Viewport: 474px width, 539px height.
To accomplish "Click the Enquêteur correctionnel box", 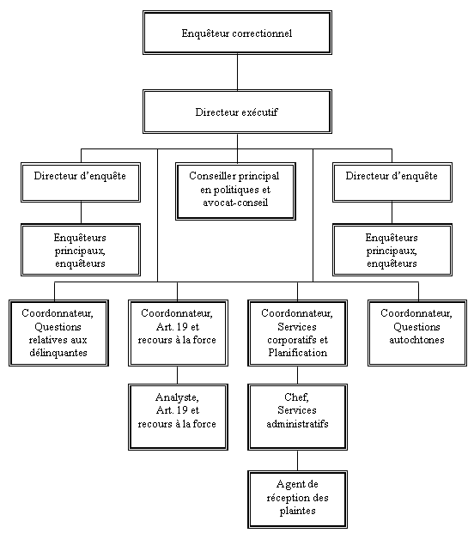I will pos(237,33).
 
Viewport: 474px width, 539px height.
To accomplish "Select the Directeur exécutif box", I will pos(237,112).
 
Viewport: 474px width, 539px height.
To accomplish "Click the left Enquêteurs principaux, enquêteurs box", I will pos(81,250).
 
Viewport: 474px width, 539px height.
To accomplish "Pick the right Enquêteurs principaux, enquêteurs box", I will pos(392,250).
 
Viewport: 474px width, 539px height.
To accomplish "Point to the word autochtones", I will pos(416,341).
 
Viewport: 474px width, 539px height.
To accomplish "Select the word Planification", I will pos(297,353).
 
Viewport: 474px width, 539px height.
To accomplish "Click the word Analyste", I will pos(178,397).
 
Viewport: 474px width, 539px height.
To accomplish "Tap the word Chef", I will pos(297,397).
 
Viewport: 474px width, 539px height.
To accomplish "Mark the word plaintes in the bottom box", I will pos(297,511).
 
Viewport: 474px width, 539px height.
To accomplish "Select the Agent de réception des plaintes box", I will pos(297,498).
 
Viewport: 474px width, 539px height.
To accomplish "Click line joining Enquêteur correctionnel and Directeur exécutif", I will pos(237,72).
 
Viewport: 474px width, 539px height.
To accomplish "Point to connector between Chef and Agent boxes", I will pos(297,460).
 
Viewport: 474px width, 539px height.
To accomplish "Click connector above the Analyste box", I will pos(178,374).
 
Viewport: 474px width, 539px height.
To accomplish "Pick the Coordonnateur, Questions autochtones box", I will pos(416,328).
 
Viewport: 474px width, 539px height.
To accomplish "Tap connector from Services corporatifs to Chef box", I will pos(297,374).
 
